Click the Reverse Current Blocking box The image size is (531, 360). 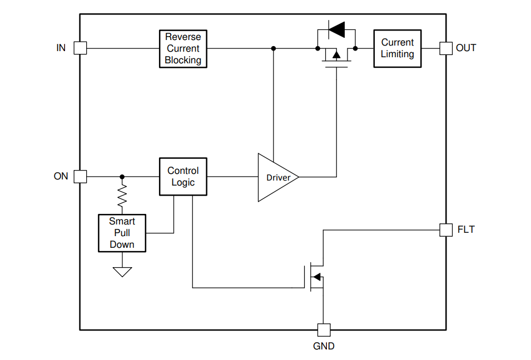click(x=183, y=49)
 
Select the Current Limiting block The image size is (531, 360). click(x=397, y=48)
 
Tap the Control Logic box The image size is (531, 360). click(x=183, y=177)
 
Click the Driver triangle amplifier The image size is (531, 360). click(x=276, y=177)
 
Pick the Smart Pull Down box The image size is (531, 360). click(x=122, y=233)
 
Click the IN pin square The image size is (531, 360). click(x=81, y=48)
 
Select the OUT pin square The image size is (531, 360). click(x=446, y=48)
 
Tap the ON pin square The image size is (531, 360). click(x=81, y=177)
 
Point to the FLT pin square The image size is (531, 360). click(x=446, y=229)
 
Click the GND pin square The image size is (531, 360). click(x=324, y=330)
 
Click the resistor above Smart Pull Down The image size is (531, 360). click(x=122, y=196)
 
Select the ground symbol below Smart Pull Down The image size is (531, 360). click(x=122, y=272)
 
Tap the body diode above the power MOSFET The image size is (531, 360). click(x=336, y=28)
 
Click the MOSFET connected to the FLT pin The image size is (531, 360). click(x=316, y=277)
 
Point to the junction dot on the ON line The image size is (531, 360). click(x=122, y=177)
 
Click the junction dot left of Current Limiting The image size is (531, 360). click(x=355, y=48)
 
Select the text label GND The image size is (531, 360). click(x=324, y=346)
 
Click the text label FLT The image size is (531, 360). click(x=466, y=229)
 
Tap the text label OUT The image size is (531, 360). click(x=466, y=48)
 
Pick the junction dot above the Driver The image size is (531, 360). click(x=273, y=48)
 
